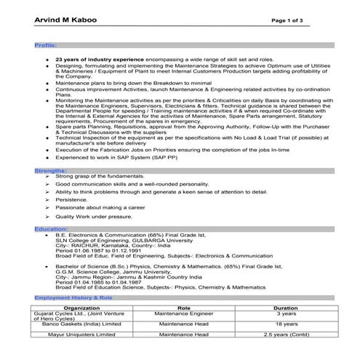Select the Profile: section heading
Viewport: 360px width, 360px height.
(46, 45)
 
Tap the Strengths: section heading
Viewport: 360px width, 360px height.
(50, 169)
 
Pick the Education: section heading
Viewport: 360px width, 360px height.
(51, 228)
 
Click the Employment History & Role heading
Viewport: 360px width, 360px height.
(73, 298)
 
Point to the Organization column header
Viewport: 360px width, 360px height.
(82, 308)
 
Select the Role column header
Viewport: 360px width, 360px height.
(184, 308)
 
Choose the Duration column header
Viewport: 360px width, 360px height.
(285, 308)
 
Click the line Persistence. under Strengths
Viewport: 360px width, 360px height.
(72, 199)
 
